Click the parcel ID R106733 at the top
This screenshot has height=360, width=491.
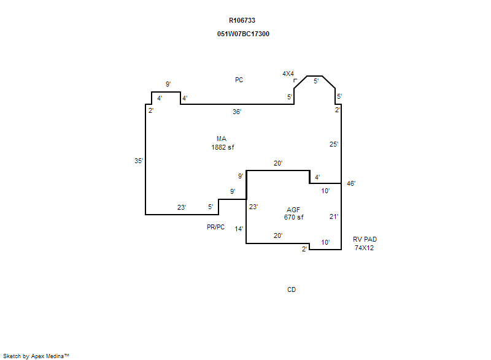point(242,20)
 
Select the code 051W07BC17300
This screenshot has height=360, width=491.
point(243,34)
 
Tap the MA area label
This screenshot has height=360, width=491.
point(222,139)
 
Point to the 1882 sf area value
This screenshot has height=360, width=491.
point(223,147)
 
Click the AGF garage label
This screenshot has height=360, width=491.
point(293,210)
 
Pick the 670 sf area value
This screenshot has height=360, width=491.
point(294,217)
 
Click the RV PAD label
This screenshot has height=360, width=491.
point(365,239)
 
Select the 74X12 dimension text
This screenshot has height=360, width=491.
point(364,248)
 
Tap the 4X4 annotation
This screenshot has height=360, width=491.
point(288,74)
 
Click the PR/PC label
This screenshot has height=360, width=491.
point(216,227)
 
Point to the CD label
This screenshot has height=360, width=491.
point(292,289)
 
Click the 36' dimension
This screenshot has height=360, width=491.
point(237,112)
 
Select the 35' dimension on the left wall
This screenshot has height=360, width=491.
point(139,161)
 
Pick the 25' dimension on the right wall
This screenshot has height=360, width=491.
point(334,144)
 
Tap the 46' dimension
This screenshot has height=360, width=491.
point(351,183)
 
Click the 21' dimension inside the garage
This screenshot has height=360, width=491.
point(334,216)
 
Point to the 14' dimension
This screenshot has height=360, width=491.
point(239,229)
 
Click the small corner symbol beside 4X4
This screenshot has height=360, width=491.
point(295,80)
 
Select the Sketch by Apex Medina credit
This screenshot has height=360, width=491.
point(36,356)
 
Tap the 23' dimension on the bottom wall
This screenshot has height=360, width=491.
point(182,207)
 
